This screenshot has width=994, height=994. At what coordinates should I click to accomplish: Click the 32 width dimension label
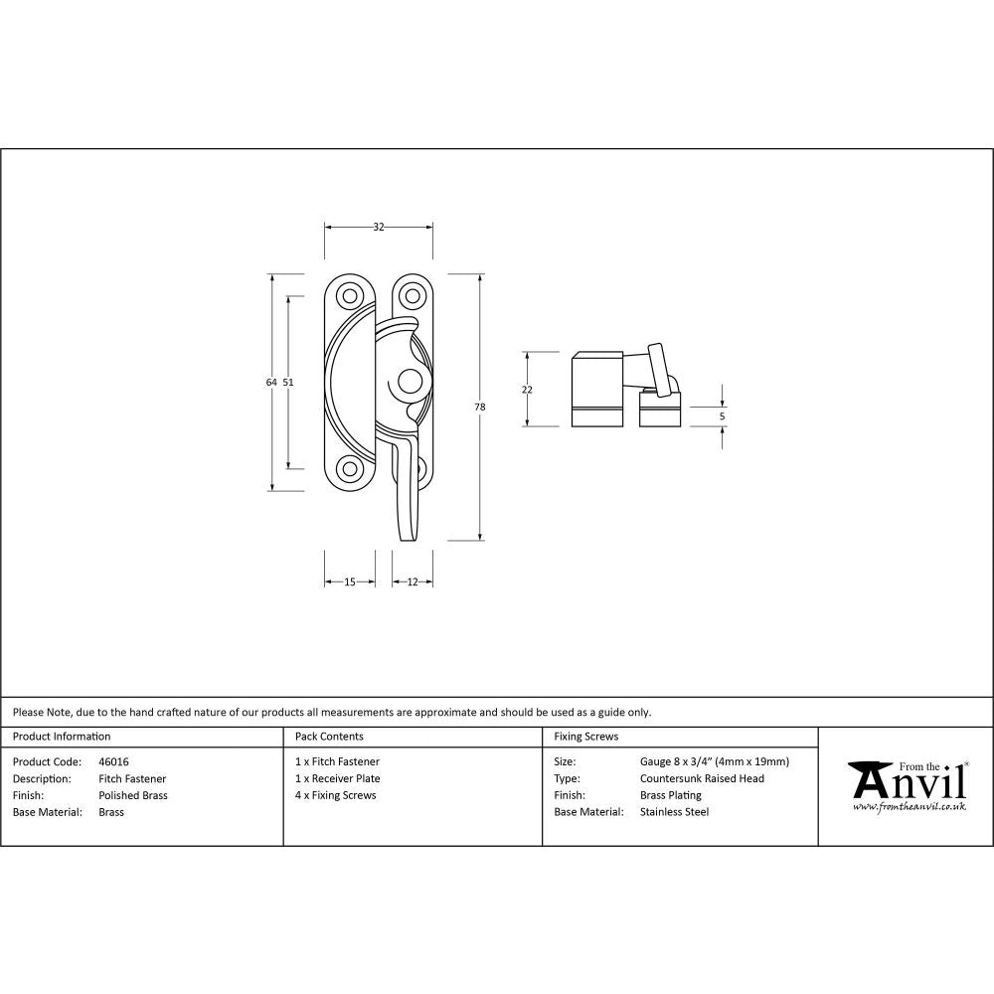[379, 228]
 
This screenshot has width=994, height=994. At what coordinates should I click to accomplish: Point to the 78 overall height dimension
[480, 407]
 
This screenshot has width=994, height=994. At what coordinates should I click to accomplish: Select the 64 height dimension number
[270, 382]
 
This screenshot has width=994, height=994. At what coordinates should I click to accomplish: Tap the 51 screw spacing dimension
[288, 382]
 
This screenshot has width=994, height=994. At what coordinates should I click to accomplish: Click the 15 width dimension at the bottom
[350, 582]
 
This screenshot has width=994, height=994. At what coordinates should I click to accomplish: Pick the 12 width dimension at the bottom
[412, 582]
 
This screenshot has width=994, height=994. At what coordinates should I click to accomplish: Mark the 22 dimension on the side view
[527, 390]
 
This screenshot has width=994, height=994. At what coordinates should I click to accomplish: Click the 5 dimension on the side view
[723, 416]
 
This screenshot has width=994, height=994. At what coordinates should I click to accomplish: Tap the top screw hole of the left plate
[349, 295]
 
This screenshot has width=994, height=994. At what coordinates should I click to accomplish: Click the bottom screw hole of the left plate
[349, 469]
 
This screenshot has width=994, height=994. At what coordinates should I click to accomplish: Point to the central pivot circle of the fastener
[408, 382]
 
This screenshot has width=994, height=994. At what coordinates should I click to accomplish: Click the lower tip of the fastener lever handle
[408, 538]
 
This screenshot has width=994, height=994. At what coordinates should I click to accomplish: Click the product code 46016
[113, 762]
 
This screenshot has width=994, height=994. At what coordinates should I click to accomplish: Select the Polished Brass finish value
[133, 795]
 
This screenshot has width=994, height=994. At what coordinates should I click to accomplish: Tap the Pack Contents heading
[329, 737]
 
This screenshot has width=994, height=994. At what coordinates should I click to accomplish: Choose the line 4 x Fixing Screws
[336, 795]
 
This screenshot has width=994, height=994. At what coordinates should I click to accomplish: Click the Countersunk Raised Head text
[702, 779]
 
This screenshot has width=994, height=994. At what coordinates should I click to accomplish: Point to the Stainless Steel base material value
[674, 812]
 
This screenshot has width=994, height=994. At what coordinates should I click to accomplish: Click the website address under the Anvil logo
[910, 807]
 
